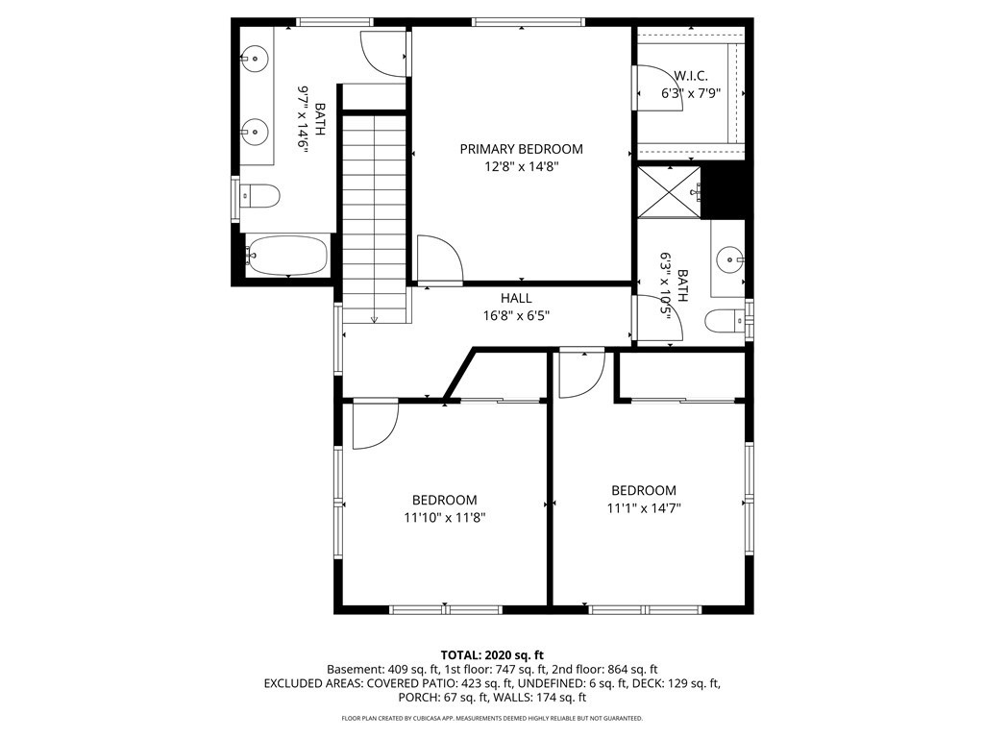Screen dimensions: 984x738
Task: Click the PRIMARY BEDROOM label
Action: click(x=521, y=149)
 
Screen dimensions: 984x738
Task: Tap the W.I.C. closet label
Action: click(x=691, y=76)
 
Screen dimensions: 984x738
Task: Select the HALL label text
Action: click(x=516, y=298)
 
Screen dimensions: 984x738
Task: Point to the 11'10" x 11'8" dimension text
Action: click(x=444, y=518)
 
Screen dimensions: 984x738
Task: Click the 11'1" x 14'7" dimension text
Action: click(x=644, y=507)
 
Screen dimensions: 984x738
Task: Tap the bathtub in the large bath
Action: click(x=286, y=256)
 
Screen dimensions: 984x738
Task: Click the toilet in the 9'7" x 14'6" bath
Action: click(x=259, y=196)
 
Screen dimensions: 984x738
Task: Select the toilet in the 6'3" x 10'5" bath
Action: click(x=726, y=321)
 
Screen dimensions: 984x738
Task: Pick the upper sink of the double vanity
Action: click(x=255, y=59)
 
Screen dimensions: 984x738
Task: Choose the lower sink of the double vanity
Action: click(x=255, y=132)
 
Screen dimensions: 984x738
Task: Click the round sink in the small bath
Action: click(x=730, y=258)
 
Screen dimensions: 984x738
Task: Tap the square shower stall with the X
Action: click(x=669, y=192)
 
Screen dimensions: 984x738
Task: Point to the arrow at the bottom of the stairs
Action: click(x=374, y=319)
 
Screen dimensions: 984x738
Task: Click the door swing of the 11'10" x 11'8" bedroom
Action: click(x=376, y=426)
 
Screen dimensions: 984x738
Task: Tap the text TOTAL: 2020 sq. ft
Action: click(x=492, y=655)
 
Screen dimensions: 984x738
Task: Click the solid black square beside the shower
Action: click(x=723, y=192)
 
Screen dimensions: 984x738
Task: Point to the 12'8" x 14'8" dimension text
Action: click(x=521, y=166)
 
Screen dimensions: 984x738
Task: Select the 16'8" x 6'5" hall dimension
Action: click(x=516, y=315)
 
